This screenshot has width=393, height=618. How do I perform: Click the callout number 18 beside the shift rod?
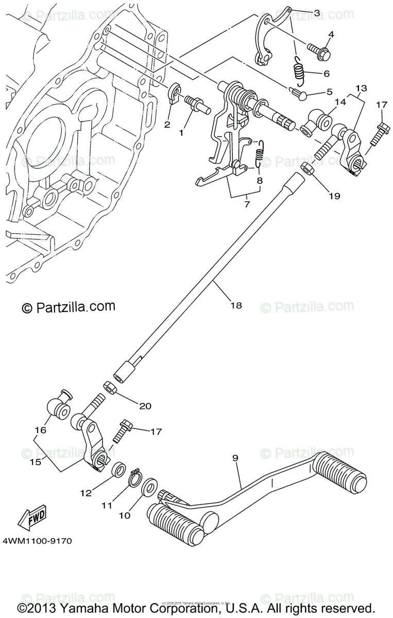click(x=235, y=305)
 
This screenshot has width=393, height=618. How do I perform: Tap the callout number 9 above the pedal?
click(x=235, y=457)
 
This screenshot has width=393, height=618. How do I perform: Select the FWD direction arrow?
click(x=31, y=517)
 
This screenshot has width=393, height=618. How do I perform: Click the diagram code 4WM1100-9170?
click(x=37, y=541)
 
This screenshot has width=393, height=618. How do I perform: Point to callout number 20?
click(x=145, y=406)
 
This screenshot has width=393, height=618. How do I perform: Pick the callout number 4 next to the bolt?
click(x=331, y=35)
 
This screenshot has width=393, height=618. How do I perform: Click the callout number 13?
click(x=361, y=88)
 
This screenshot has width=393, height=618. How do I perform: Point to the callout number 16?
click(x=41, y=430)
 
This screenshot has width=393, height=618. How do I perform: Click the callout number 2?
click(x=167, y=125)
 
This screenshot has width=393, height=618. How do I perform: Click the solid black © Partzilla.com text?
click(x=68, y=307)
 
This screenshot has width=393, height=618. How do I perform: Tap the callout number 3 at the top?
click(x=317, y=12)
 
